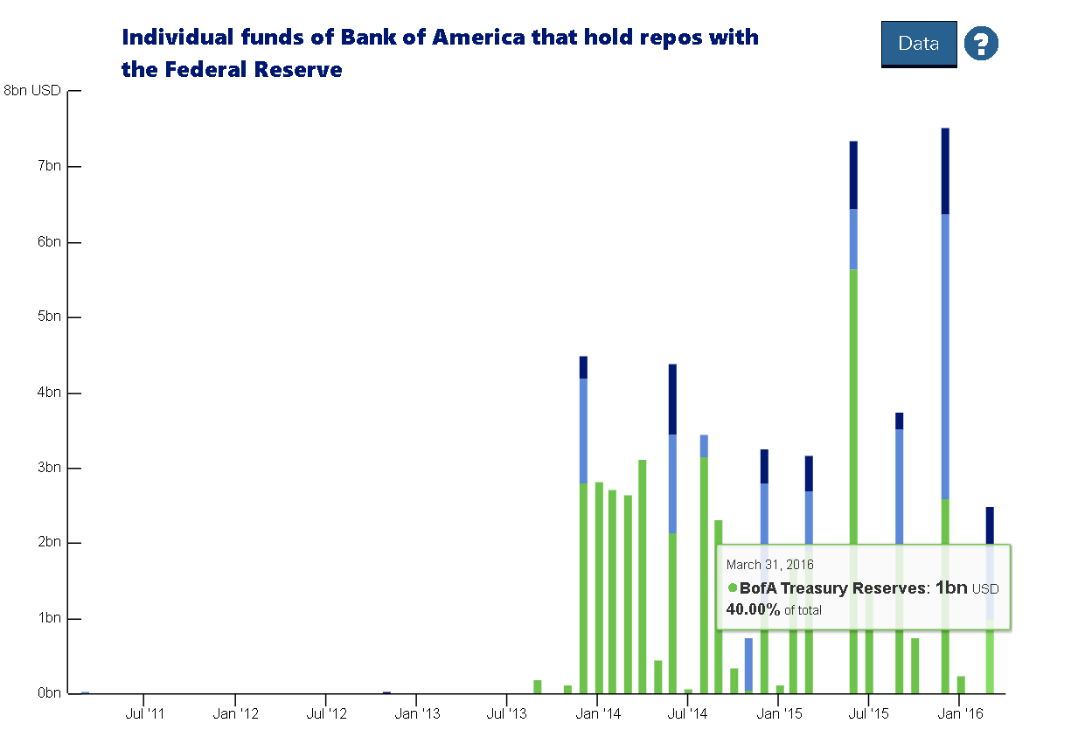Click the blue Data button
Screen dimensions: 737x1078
click(918, 44)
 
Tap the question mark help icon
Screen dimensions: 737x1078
click(981, 43)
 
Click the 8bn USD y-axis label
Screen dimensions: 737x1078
click(32, 90)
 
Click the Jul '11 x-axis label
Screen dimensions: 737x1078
click(145, 714)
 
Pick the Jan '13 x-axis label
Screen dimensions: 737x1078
click(417, 714)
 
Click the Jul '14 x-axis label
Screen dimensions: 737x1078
click(688, 714)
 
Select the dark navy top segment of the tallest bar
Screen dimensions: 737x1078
click(945, 170)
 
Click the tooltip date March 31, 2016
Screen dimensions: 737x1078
click(769, 565)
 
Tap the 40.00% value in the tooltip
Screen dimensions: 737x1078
click(753, 609)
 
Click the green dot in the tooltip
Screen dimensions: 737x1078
click(732, 588)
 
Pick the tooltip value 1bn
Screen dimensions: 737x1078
click(951, 588)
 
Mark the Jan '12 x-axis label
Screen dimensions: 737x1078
click(235, 714)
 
